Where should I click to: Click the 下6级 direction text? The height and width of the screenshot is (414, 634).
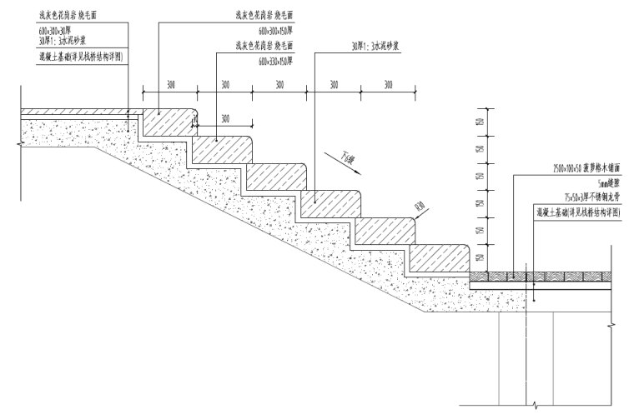click(347, 156)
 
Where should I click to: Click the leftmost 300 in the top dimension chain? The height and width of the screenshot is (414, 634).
click(169, 85)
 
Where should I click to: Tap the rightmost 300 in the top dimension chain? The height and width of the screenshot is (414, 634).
click(388, 85)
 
